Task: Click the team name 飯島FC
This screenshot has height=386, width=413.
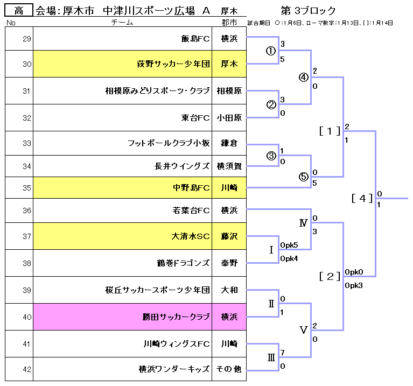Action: click(x=195, y=38)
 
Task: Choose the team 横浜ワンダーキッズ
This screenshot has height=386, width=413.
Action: click(x=173, y=369)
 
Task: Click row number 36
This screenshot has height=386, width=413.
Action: click(x=27, y=210)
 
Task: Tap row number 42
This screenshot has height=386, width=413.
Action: click(x=27, y=369)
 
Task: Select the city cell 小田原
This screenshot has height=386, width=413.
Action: click(x=229, y=118)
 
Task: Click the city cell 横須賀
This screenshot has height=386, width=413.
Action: click(x=229, y=166)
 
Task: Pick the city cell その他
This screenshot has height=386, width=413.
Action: click(x=229, y=369)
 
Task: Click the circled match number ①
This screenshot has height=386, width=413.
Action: click(x=271, y=51)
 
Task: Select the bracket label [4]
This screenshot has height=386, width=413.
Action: click(x=362, y=198)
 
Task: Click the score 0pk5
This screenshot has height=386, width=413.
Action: click(x=289, y=245)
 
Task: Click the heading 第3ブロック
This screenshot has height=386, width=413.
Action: click(x=308, y=11)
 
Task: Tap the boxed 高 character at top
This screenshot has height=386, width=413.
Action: click(x=18, y=10)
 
